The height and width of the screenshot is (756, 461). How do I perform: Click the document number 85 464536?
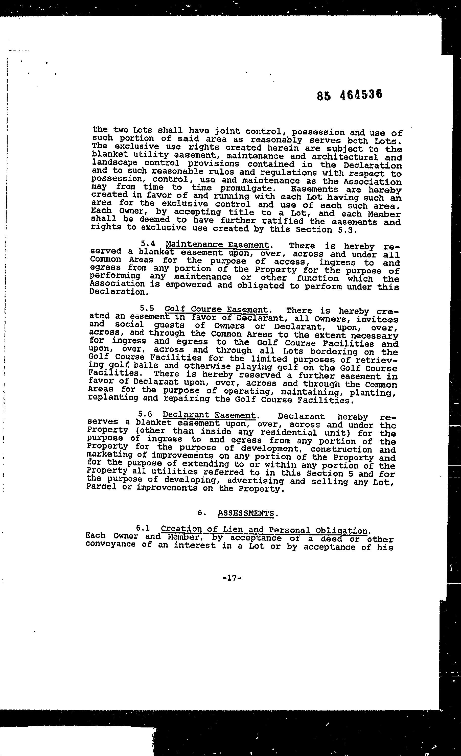click(x=350, y=95)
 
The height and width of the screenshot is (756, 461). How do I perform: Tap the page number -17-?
click(x=232, y=578)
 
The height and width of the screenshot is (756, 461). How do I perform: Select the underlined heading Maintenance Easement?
click(x=217, y=245)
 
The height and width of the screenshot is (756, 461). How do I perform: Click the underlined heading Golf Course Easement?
click(x=216, y=309)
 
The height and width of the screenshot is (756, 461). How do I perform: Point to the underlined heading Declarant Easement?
click(x=209, y=415)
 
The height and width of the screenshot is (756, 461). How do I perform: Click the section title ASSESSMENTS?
click(x=246, y=513)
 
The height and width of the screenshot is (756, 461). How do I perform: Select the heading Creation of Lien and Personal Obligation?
click(x=264, y=530)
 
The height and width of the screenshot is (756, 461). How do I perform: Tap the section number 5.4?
click(x=148, y=244)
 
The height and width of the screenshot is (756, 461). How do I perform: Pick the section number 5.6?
click(x=145, y=414)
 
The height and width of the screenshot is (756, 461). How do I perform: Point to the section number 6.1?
click(x=143, y=528)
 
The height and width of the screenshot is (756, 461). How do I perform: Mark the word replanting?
click(x=112, y=398)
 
